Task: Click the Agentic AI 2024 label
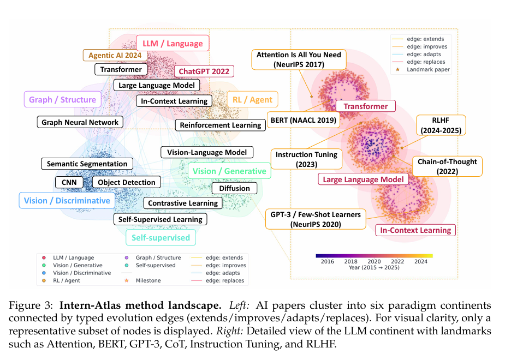coord(115,55)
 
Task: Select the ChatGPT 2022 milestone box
coord(204,71)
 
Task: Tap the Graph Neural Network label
coord(80,122)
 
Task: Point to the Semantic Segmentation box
coord(87,164)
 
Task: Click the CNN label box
coord(69,182)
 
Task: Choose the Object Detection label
coord(127,182)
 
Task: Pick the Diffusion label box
coord(234,189)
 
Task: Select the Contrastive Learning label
coord(183,203)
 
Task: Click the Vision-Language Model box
coord(207,152)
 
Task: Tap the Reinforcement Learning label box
coord(221,125)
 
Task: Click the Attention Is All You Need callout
coord(299,59)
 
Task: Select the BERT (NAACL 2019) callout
coord(304,120)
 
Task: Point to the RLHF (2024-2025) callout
coord(441,125)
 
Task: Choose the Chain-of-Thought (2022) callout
coord(448,166)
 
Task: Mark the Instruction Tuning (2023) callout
coord(306,159)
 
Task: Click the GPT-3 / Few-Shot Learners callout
coord(316,219)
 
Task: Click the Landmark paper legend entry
coord(423,70)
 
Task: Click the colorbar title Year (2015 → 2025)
coord(374,268)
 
